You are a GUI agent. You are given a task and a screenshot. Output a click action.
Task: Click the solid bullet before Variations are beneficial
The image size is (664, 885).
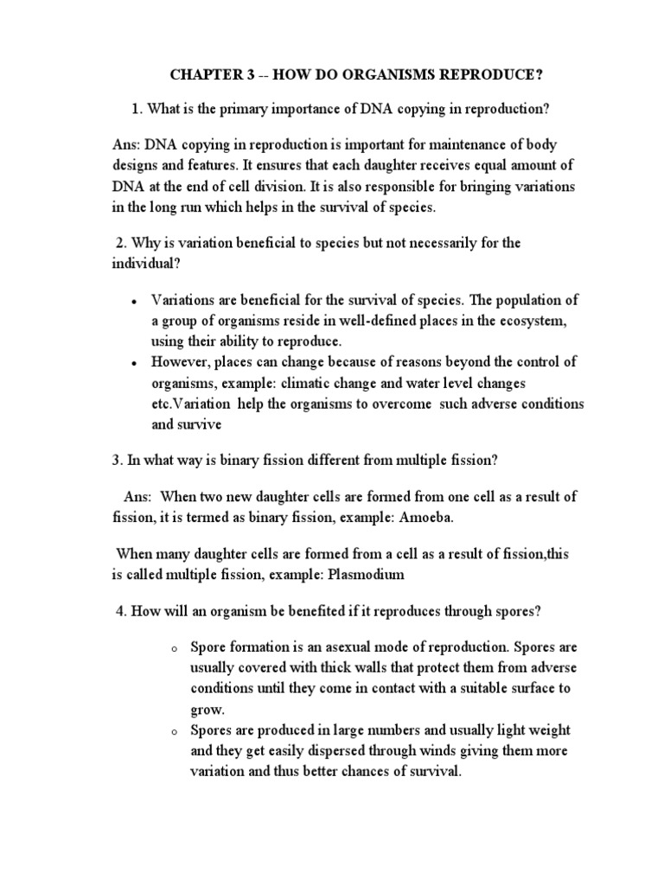(x=133, y=302)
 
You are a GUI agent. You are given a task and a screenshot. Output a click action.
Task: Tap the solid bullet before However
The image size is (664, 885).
(x=133, y=361)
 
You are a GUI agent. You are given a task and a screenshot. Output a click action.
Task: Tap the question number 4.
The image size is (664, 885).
(x=120, y=612)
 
